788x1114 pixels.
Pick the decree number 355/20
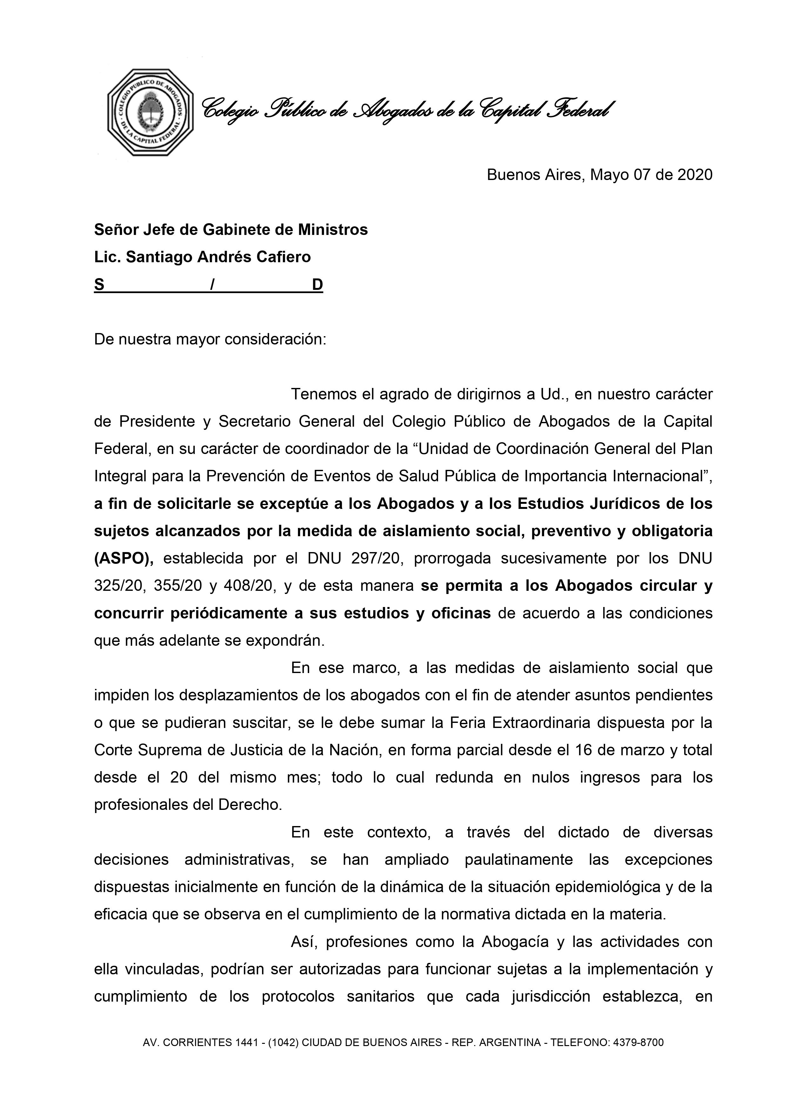pos(177,586)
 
